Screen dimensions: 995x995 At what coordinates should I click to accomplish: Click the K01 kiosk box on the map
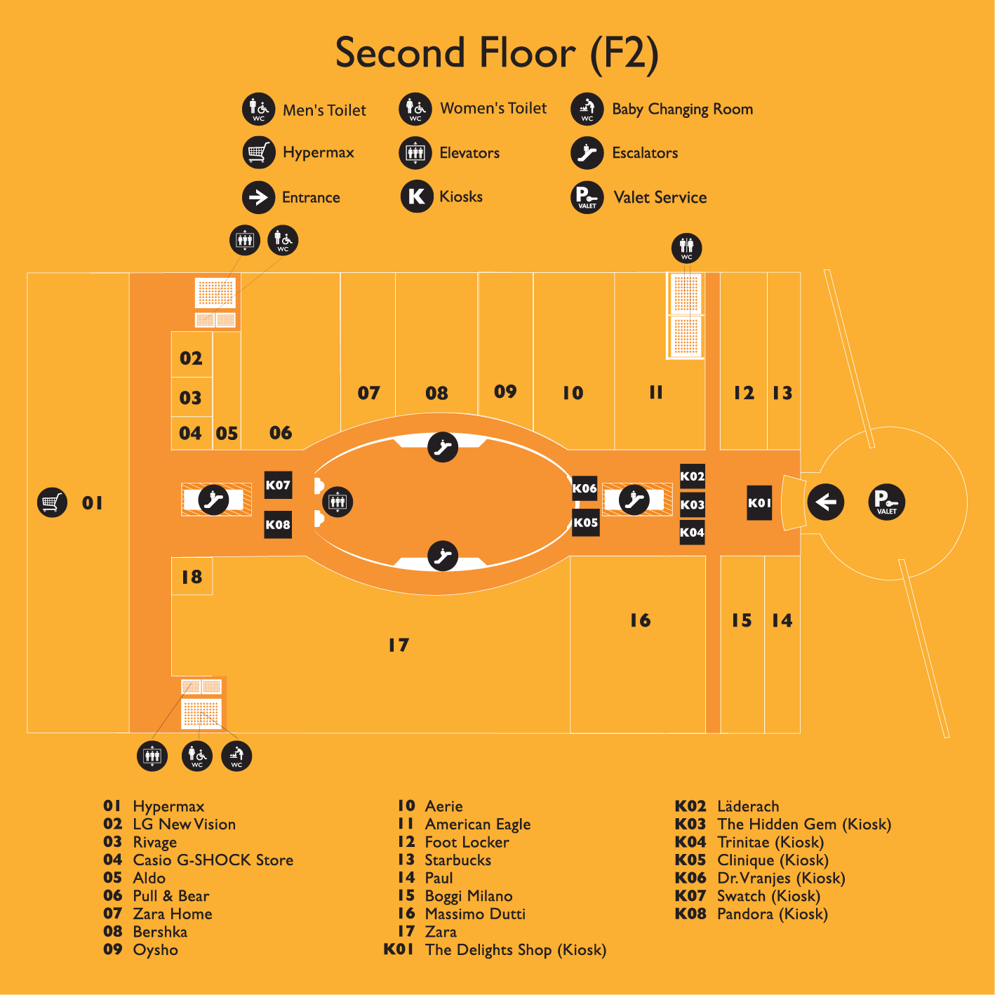coord(759,503)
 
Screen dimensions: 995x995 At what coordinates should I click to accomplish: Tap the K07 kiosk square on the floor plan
coord(278,485)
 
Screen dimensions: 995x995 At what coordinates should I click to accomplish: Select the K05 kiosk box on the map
coord(585,523)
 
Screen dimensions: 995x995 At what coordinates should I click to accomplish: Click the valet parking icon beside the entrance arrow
coord(886,502)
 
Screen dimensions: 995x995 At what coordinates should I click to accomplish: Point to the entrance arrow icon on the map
coord(825,502)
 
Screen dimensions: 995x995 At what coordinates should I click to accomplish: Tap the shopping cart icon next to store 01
coord(52,502)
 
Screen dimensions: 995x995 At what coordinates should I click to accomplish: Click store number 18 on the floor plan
coord(192,577)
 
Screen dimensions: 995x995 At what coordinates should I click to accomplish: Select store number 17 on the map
coord(399,645)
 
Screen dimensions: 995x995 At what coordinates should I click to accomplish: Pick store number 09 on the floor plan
coord(505,392)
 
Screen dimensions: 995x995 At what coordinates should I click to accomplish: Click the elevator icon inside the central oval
coord(338,502)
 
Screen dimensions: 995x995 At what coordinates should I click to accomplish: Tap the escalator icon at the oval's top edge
coord(443,447)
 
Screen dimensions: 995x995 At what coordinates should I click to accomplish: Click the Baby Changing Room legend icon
coord(587,109)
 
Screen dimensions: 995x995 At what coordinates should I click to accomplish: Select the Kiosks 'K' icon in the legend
coord(416,196)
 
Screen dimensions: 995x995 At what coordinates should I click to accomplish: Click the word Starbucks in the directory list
coord(458,860)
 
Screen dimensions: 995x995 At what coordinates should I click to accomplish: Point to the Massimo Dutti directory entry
coord(474,914)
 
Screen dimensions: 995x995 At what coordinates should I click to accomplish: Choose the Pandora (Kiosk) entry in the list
coord(772,914)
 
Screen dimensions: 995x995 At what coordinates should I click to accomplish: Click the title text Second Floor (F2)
coord(497,53)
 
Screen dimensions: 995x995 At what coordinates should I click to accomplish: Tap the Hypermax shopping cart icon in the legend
coord(258,153)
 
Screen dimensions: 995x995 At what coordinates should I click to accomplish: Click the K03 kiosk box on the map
coord(692,505)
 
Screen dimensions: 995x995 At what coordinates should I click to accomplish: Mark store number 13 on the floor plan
coord(782,393)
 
